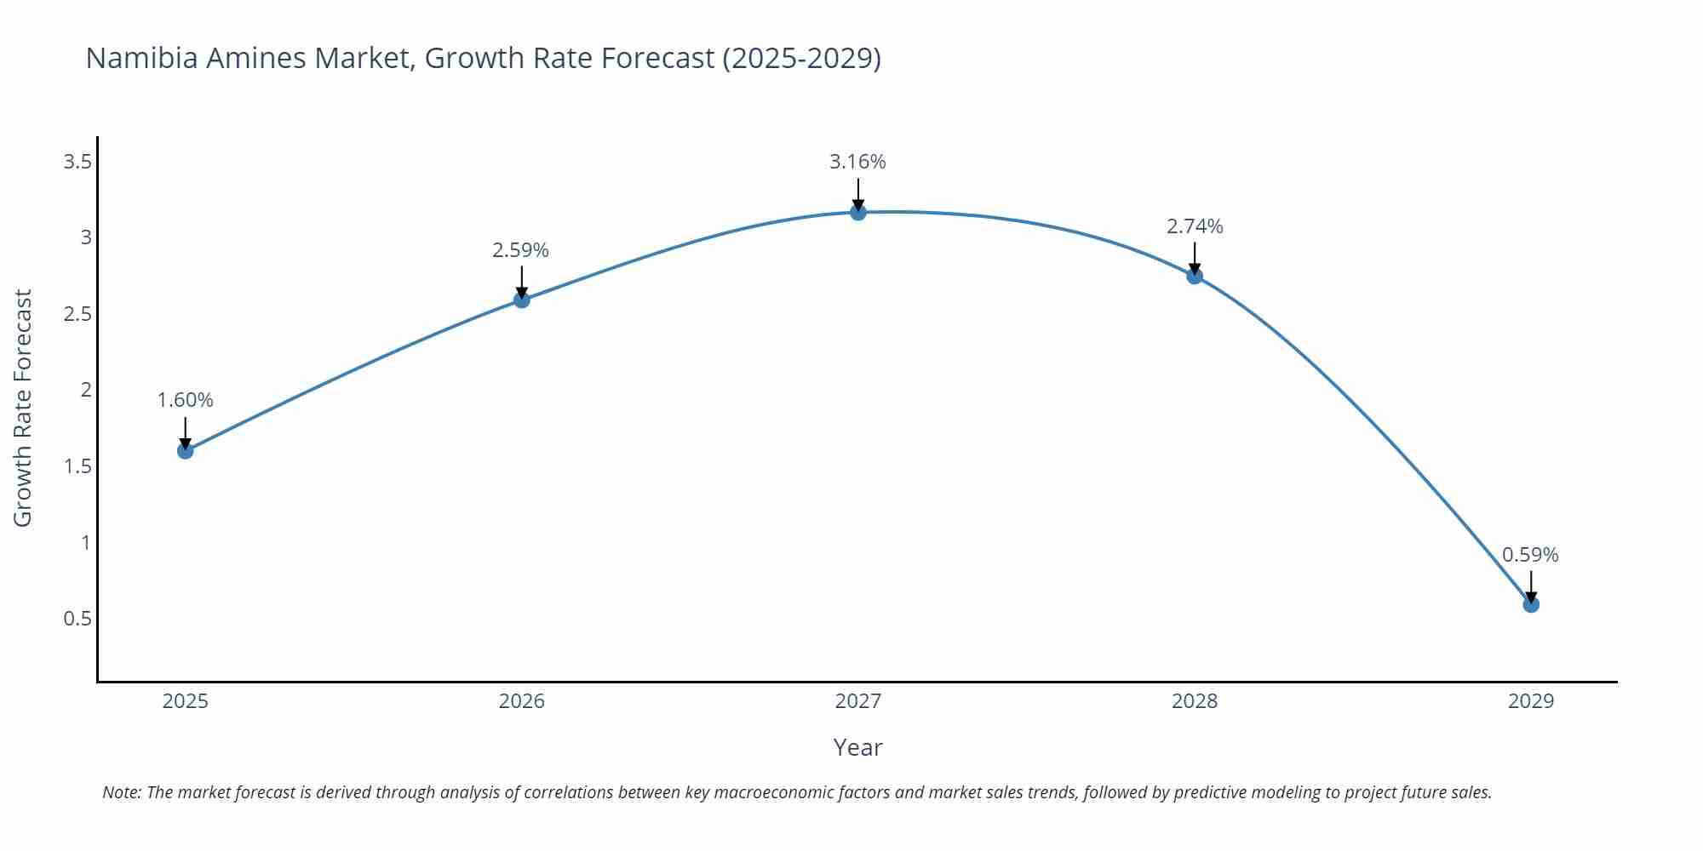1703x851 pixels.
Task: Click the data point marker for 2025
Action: point(186,450)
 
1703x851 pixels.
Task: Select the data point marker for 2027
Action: point(858,212)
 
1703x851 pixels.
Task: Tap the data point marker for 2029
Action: point(1531,604)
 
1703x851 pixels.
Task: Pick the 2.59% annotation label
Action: point(520,250)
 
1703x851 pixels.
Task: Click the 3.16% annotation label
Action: point(857,162)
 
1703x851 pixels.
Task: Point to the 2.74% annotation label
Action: point(1195,226)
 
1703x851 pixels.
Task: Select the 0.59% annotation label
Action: point(1530,555)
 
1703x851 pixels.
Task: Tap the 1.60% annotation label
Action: point(185,400)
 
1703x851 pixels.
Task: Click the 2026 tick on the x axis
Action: point(522,701)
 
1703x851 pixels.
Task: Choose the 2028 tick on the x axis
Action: point(1195,701)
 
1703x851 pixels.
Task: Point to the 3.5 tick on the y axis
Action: point(77,161)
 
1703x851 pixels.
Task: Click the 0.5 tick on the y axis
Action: point(77,619)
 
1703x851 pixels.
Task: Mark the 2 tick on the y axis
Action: point(86,390)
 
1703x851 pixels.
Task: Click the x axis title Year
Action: point(857,747)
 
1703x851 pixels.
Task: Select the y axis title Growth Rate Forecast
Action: point(23,408)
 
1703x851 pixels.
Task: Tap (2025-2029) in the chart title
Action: point(801,58)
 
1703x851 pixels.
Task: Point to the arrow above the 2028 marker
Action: point(1195,257)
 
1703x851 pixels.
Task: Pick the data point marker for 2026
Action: point(522,300)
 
